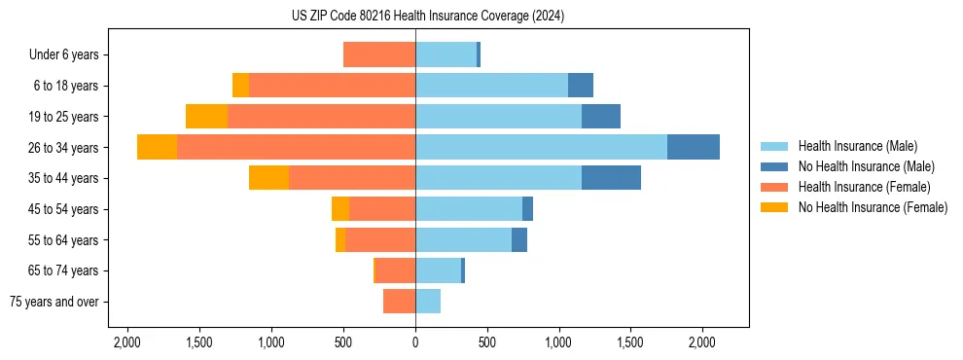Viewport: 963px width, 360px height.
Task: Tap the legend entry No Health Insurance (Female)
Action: point(873,207)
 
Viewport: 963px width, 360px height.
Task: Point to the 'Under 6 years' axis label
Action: point(64,55)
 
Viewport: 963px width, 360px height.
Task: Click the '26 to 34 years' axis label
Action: point(63,148)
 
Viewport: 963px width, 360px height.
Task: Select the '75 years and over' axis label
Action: point(53,302)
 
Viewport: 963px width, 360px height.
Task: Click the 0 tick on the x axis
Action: point(415,342)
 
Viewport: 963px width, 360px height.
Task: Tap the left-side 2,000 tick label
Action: point(127,342)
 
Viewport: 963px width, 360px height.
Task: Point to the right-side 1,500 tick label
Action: point(630,342)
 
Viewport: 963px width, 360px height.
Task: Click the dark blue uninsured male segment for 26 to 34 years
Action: point(694,147)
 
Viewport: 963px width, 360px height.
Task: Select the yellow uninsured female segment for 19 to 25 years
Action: point(206,117)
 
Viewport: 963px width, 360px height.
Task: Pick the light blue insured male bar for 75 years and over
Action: point(428,302)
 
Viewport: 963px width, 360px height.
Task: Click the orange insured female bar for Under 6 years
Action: point(379,55)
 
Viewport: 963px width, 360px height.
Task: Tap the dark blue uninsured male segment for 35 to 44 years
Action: point(611,178)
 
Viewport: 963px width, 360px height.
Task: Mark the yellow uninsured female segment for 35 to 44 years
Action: point(268,178)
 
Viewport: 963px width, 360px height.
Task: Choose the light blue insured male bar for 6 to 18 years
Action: point(491,86)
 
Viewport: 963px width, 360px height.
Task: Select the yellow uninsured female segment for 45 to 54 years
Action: point(340,209)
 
